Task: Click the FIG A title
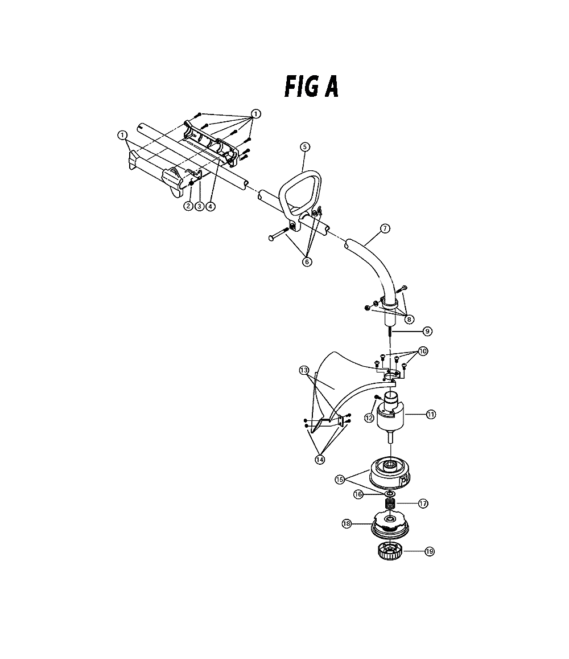pyautogui.click(x=311, y=87)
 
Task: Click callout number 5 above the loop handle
pyautogui.click(x=305, y=147)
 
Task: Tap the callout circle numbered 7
pyautogui.click(x=385, y=228)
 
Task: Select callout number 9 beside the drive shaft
pyautogui.click(x=427, y=331)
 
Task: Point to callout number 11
pyautogui.click(x=431, y=415)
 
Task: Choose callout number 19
pyautogui.click(x=429, y=551)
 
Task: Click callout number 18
pyautogui.click(x=347, y=524)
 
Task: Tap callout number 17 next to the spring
pyautogui.click(x=423, y=503)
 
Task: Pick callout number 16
pyautogui.click(x=358, y=494)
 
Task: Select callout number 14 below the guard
pyautogui.click(x=320, y=460)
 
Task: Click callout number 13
pyautogui.click(x=304, y=370)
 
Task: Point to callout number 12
pyautogui.click(x=369, y=417)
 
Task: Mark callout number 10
pyautogui.click(x=423, y=351)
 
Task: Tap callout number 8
pyautogui.click(x=409, y=319)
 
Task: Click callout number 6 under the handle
pyautogui.click(x=307, y=262)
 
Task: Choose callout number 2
pyautogui.click(x=188, y=206)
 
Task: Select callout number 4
pyautogui.click(x=211, y=206)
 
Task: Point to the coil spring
pyautogui.click(x=390, y=504)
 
